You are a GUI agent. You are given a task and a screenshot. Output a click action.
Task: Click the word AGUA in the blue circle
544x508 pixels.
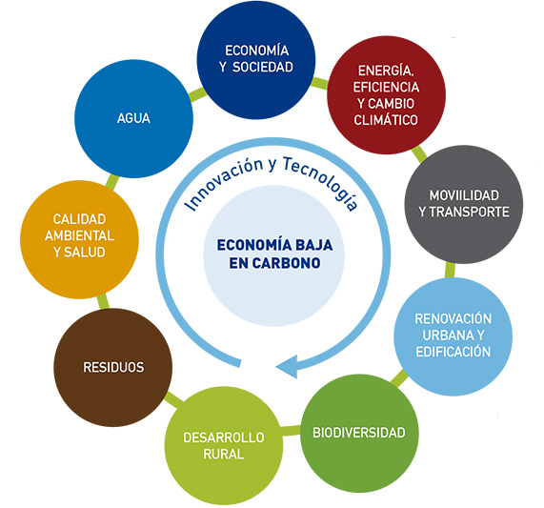click(x=133, y=118)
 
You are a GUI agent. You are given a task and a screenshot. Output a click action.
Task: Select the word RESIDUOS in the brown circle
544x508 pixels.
click(x=113, y=367)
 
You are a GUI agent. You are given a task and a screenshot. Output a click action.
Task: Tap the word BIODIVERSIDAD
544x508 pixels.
click(x=359, y=433)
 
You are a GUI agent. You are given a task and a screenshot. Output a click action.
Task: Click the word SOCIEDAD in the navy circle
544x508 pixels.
click(x=263, y=67)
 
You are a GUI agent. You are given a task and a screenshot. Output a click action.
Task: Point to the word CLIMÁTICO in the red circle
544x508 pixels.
click(x=386, y=120)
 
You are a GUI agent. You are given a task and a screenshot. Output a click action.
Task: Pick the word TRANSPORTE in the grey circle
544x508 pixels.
click(x=470, y=212)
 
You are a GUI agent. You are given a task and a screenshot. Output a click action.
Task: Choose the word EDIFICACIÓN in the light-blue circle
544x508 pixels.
click(x=453, y=351)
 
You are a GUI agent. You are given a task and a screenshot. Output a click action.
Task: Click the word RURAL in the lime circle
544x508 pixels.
click(x=224, y=454)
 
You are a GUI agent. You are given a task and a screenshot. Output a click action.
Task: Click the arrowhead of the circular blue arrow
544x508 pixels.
click(x=288, y=367)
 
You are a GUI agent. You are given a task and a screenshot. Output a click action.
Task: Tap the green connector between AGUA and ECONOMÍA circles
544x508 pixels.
click(x=198, y=93)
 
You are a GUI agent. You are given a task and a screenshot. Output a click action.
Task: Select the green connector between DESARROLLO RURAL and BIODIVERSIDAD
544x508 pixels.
click(x=291, y=430)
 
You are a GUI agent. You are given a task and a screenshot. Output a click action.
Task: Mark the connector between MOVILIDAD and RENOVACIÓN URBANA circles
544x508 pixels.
click(x=450, y=270)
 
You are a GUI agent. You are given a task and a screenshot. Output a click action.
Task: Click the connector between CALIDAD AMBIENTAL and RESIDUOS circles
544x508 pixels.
click(x=103, y=301)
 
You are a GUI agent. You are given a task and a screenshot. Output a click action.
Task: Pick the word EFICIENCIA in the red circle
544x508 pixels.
click(x=386, y=87)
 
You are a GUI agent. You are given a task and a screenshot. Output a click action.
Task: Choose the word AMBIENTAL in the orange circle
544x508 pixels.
click(x=79, y=235)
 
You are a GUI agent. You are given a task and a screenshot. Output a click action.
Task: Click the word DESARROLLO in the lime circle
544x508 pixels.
click(x=224, y=437)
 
